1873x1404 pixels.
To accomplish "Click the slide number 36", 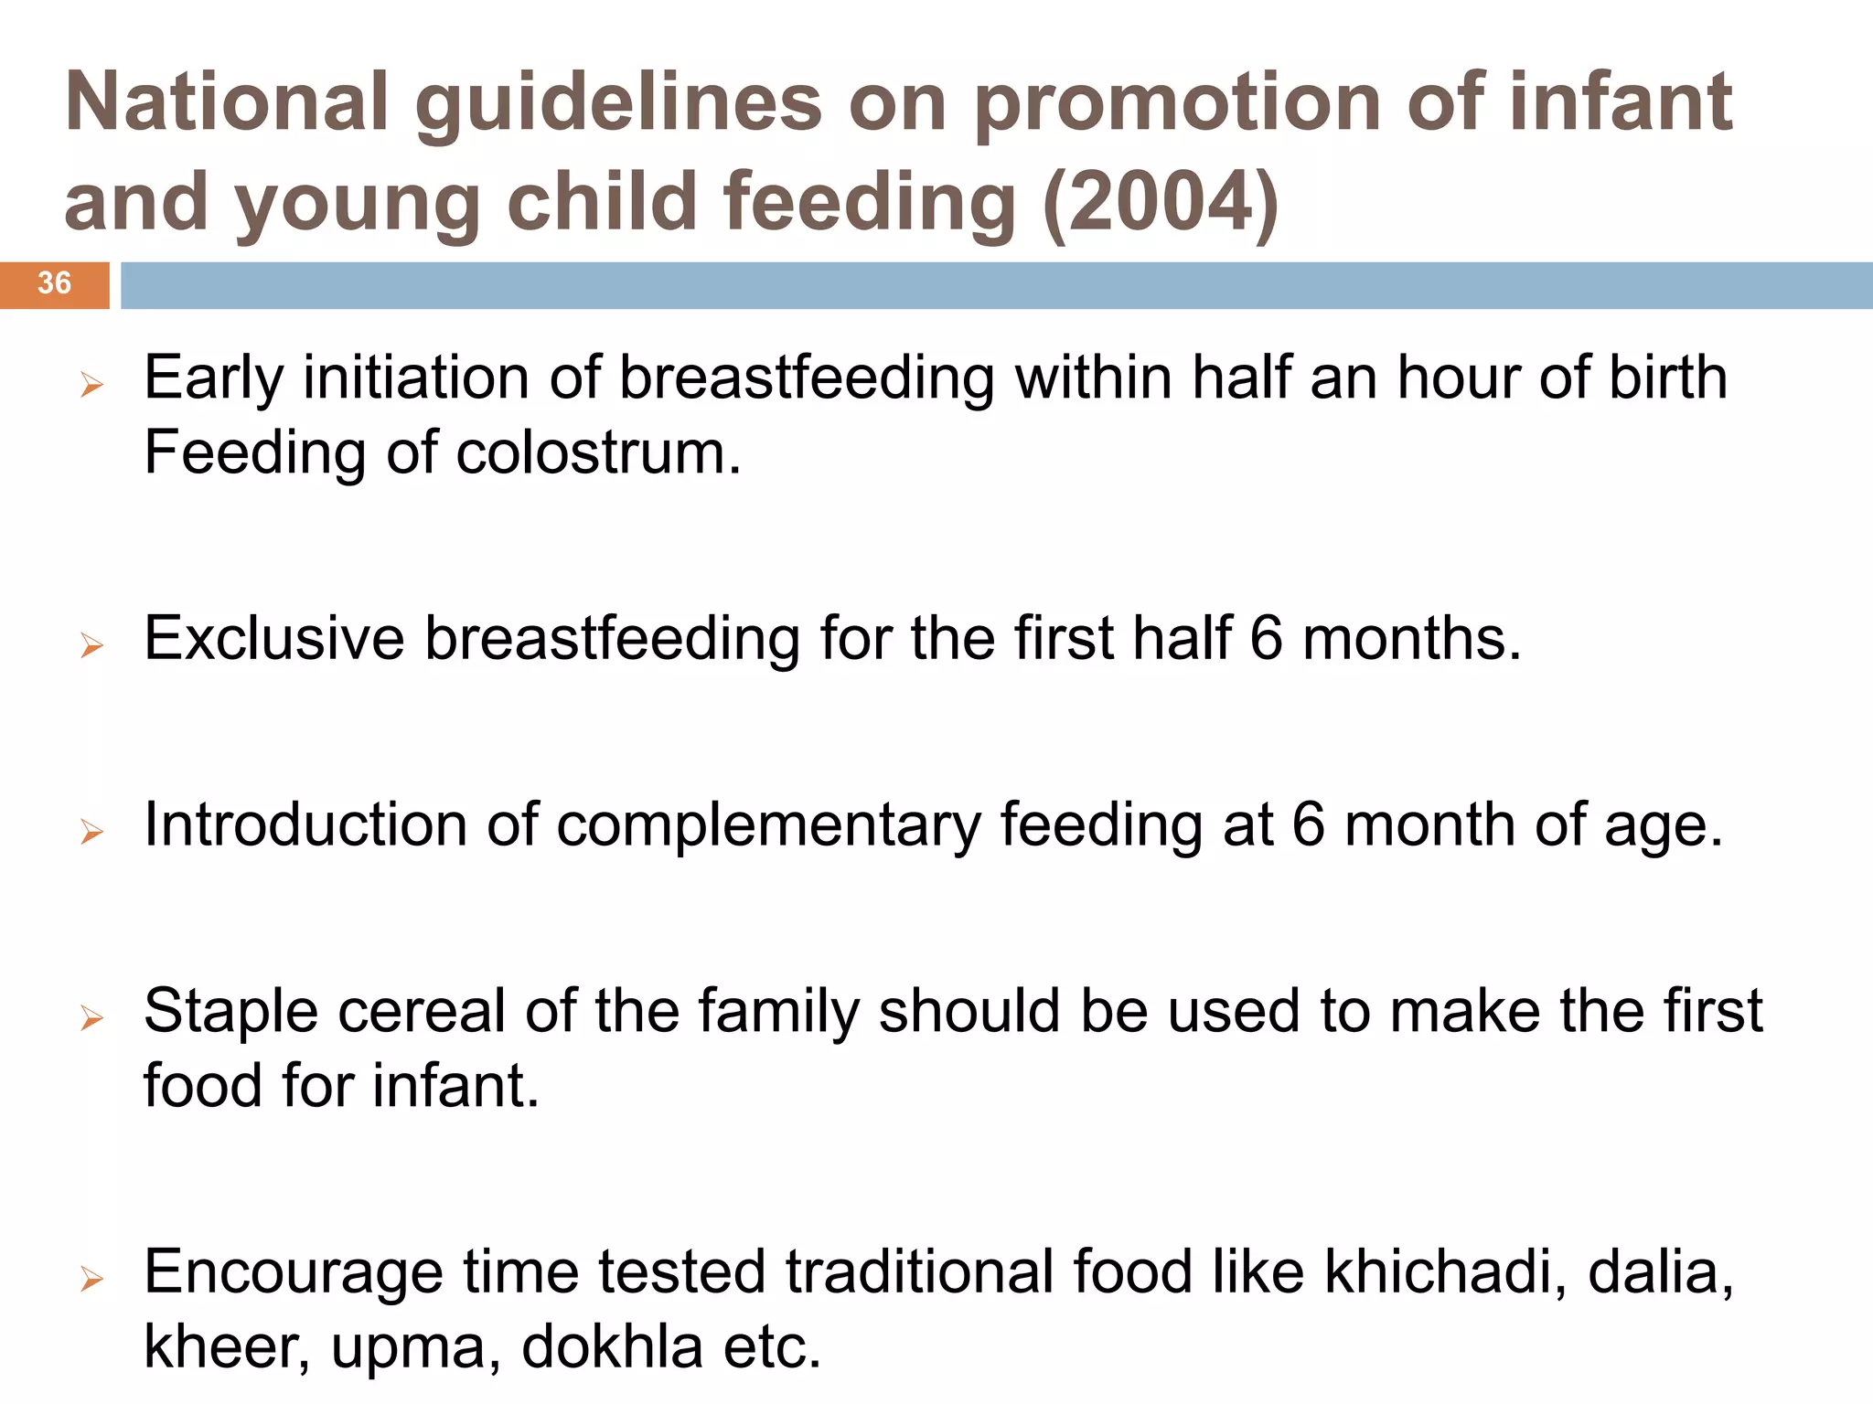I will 54,283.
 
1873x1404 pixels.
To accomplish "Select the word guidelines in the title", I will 618,102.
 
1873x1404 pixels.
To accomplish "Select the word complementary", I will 768,826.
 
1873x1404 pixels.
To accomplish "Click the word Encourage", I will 293,1273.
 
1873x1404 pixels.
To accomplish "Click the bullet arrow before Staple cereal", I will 91,1017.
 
